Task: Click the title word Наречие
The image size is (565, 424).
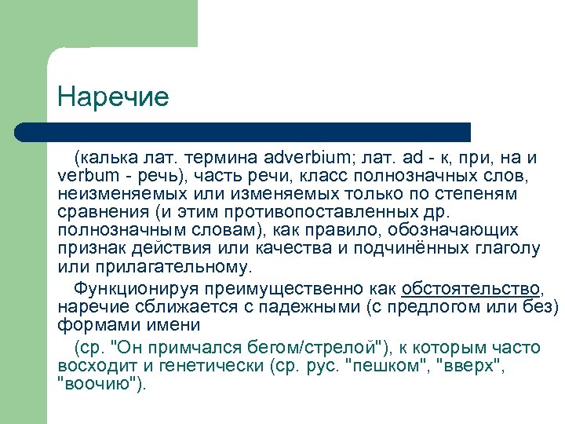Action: (x=113, y=97)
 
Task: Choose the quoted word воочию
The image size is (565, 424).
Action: (x=100, y=385)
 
